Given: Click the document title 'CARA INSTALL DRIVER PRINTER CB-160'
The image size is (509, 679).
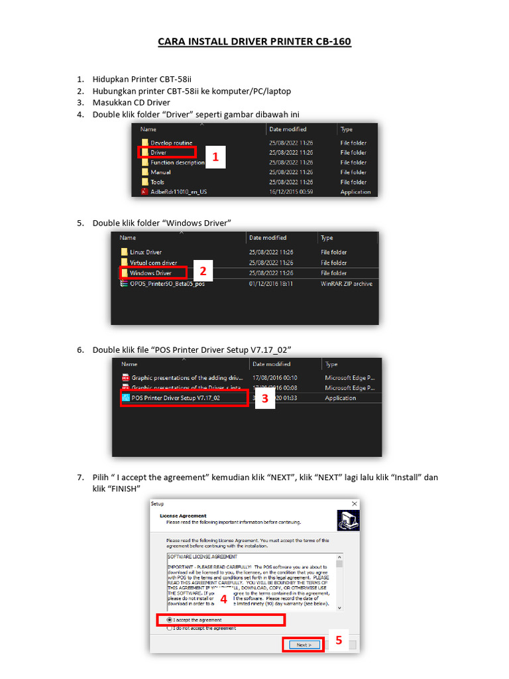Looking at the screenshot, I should tap(254, 42).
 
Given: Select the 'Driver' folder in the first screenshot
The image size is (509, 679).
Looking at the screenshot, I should tap(158, 153).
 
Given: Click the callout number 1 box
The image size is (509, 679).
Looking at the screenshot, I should tap(215, 157).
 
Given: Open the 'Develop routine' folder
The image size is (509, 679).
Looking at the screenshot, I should tap(171, 143).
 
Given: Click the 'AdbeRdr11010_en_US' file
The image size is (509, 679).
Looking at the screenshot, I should tap(178, 192).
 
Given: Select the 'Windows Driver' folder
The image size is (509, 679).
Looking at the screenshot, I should tap(150, 273).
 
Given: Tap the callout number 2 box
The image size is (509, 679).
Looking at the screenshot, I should tap(203, 271).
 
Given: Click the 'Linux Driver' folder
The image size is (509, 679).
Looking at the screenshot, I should tap(145, 252).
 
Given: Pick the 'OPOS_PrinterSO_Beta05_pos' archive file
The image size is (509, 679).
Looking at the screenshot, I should tap(167, 284).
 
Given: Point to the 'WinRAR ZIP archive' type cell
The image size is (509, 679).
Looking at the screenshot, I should tap(347, 284).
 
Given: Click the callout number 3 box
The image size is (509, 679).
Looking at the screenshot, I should tap(265, 399).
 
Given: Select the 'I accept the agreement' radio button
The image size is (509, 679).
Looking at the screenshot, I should tap(170, 620).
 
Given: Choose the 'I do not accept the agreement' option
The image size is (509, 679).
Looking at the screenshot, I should tap(170, 628).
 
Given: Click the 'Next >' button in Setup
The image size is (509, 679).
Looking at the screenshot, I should tap(304, 645).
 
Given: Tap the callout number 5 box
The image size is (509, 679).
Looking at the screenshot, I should tap(338, 640).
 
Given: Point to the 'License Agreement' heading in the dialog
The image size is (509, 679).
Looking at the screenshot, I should tap(184, 516).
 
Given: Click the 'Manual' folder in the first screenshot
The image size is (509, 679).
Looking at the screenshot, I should tap(160, 172).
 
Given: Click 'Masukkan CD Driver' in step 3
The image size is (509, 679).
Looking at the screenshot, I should tap(131, 102).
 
